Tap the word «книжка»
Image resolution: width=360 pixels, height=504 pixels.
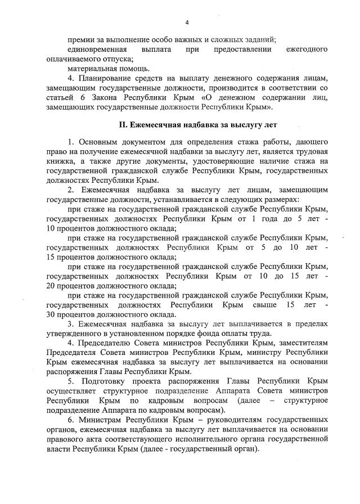60,162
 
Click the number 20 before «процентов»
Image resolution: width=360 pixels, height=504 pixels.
52,285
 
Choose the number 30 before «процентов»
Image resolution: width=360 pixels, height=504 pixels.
52,314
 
